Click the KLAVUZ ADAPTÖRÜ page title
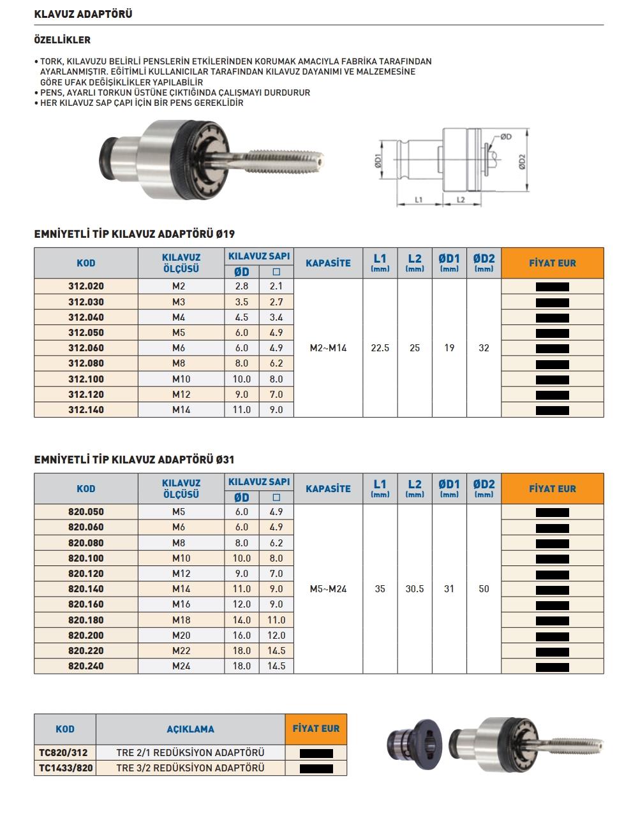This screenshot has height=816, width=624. tap(83, 13)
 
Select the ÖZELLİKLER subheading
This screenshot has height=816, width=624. tap(62, 40)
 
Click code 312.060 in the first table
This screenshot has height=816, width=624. tap(86, 348)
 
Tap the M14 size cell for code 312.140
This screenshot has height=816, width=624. tap(181, 410)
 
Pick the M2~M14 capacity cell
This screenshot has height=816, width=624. tap(328, 348)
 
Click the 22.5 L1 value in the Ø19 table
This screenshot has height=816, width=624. tap(380, 348)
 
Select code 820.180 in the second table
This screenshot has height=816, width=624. tap(86, 620)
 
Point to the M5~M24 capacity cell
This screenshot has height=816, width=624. tap(328, 589)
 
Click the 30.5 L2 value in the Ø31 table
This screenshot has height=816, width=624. tap(415, 589)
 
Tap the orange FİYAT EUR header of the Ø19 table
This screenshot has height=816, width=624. tap(552, 263)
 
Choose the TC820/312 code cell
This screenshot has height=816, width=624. tap(65, 753)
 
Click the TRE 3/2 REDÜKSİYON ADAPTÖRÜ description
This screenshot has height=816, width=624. tap(190, 768)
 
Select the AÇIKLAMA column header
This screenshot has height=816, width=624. tap(190, 729)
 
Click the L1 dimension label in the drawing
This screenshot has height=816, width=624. tap(419, 200)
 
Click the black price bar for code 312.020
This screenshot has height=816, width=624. tap(552, 287)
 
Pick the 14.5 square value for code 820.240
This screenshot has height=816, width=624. tap(276, 666)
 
